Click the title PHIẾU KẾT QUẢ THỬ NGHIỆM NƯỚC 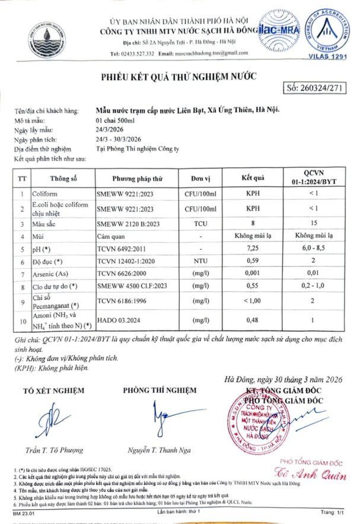(178, 77)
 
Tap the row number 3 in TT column (21, 224)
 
